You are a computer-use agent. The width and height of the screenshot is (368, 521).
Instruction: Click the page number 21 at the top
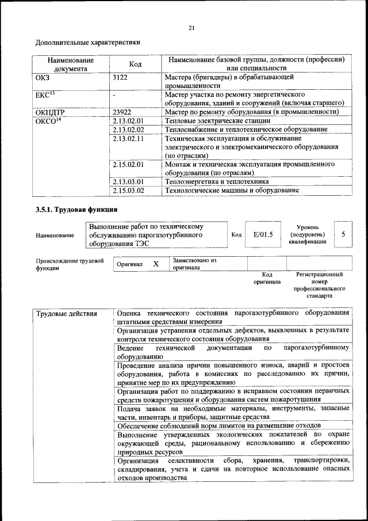(191, 28)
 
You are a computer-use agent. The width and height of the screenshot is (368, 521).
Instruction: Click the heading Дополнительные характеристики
(88, 42)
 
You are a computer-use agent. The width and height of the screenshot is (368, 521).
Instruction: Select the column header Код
(135, 64)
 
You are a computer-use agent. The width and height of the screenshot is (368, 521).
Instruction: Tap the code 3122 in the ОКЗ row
(121, 76)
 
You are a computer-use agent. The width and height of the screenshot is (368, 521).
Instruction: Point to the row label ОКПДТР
(53, 112)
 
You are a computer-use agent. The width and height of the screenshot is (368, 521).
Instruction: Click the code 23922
(122, 112)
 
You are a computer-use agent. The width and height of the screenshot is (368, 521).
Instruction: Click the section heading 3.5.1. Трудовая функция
(76, 210)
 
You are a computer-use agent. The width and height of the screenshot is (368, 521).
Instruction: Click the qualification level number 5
(343, 235)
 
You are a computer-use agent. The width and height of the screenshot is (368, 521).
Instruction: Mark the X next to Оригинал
(155, 264)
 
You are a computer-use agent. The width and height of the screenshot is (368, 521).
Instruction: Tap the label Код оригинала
(267, 279)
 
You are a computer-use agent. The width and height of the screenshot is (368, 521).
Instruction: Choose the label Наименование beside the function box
(55, 235)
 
